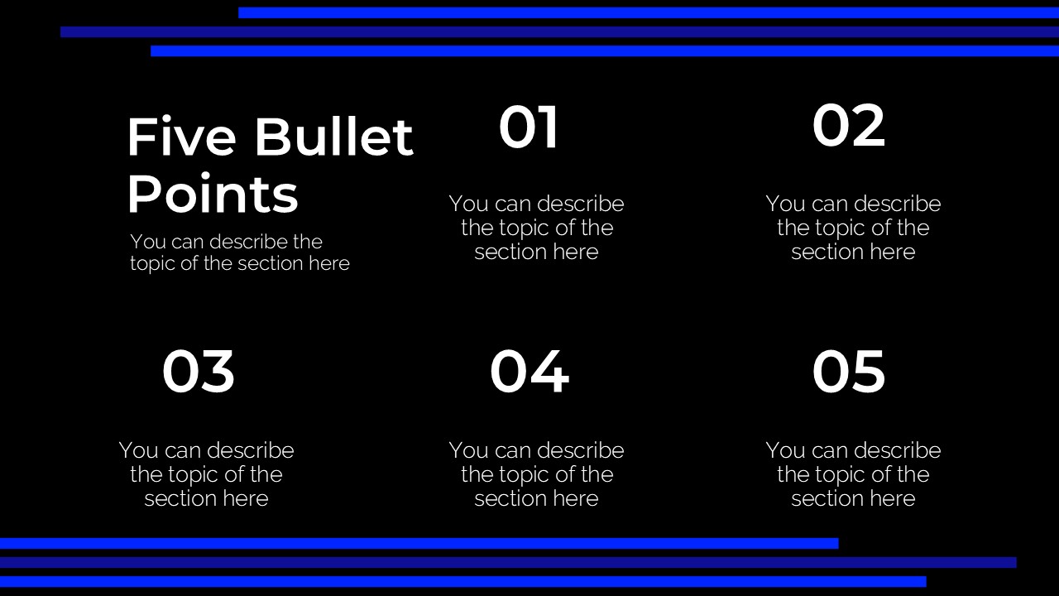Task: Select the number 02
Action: coord(848,126)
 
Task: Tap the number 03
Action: coord(199,372)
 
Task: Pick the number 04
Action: coord(529,372)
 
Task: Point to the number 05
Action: coord(848,372)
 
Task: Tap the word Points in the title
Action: coord(213,195)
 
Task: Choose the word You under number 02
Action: coord(785,204)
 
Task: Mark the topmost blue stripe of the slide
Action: coord(649,12)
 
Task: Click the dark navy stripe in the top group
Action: coord(559,31)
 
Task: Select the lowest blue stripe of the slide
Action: coord(463,581)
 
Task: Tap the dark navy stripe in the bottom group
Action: coord(508,562)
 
